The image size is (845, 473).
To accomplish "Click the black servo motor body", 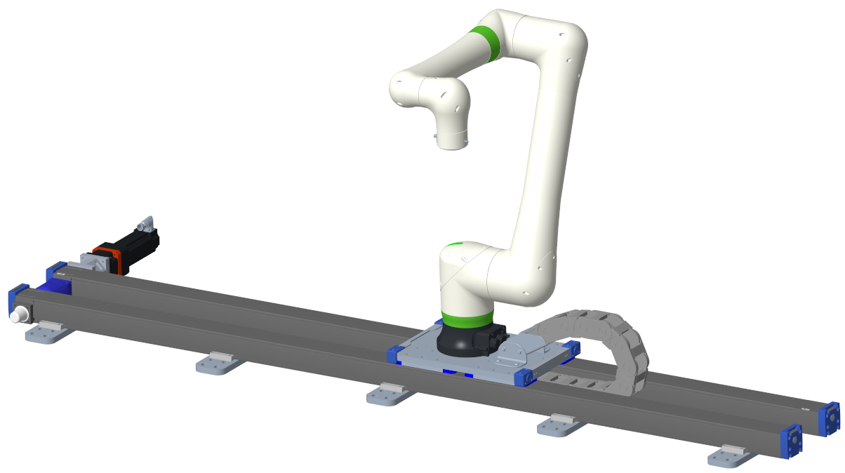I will (x=140, y=246).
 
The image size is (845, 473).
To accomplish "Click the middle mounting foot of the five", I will (x=390, y=394).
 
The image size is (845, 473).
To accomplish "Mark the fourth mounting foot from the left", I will (x=562, y=425).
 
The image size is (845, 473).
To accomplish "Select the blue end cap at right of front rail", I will (x=792, y=442).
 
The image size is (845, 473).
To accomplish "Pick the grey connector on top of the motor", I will (x=145, y=225).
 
